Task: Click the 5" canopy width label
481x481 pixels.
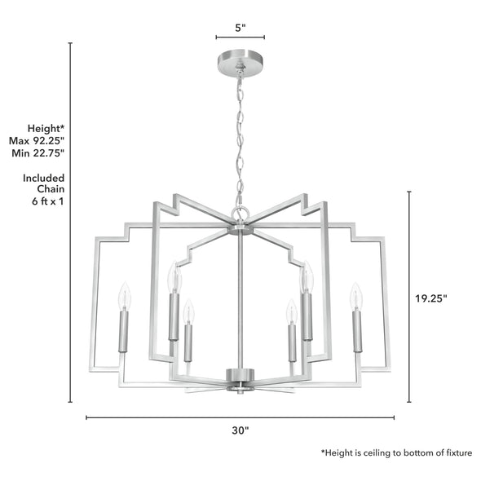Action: click(240, 27)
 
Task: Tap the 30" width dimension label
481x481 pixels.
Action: click(240, 430)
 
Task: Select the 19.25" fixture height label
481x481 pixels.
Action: click(430, 298)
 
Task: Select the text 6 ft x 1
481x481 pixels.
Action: click(46, 201)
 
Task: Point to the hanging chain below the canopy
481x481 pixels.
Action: click(240, 139)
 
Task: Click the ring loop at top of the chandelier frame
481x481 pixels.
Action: click(240, 214)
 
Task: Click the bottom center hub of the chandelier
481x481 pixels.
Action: click(240, 378)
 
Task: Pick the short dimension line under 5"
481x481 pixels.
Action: click(240, 38)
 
